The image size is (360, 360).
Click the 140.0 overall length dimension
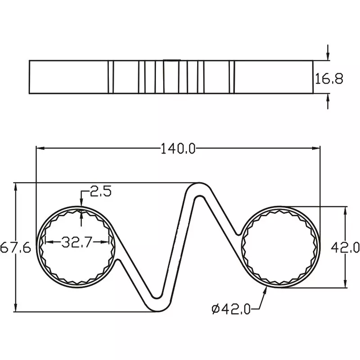click(178, 148)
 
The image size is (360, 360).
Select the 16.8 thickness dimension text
click(329, 78)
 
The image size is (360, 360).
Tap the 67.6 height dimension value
click(16, 248)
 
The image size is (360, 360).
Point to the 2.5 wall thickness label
click(100, 191)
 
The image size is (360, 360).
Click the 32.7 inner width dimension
click(77, 242)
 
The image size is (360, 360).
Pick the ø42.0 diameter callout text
click(231, 309)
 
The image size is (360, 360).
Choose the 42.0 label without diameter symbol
click(345, 247)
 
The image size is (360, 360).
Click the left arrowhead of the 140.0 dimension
click(40, 148)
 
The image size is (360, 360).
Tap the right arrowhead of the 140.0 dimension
click(316, 148)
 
